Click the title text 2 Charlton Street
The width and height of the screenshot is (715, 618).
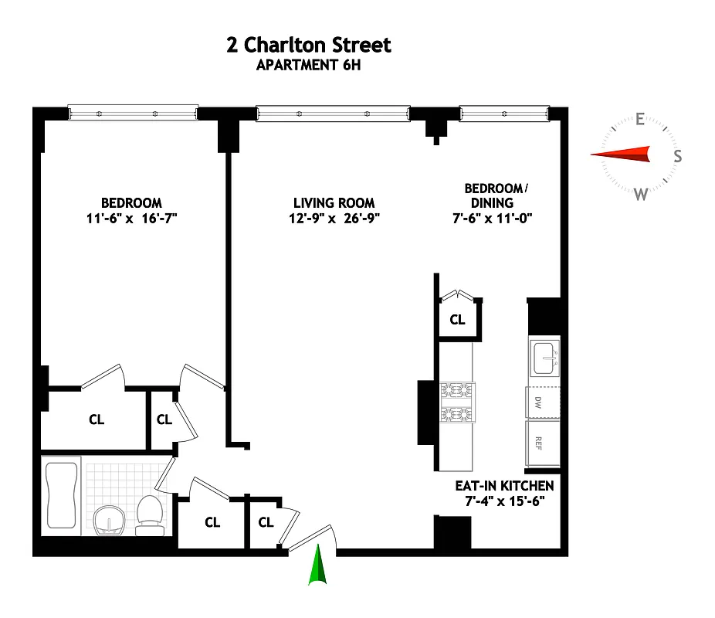click(x=309, y=45)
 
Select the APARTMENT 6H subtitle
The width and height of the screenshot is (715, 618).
click(x=309, y=66)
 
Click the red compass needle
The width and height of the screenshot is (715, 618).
click(x=622, y=154)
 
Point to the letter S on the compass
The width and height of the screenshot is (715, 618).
click(x=677, y=156)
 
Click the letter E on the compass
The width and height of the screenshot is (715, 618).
click(x=639, y=119)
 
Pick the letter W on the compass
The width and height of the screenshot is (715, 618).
click(x=640, y=194)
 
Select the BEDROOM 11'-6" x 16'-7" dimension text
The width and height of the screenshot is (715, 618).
click(x=134, y=219)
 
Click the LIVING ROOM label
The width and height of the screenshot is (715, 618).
click(x=334, y=203)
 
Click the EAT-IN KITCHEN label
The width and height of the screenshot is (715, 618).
click(x=504, y=486)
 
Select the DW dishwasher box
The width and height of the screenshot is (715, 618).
click(x=539, y=402)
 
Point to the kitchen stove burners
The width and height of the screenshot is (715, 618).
click(x=457, y=402)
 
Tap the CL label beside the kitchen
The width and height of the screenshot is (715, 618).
click(x=457, y=320)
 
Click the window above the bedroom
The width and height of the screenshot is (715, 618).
click(x=132, y=114)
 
